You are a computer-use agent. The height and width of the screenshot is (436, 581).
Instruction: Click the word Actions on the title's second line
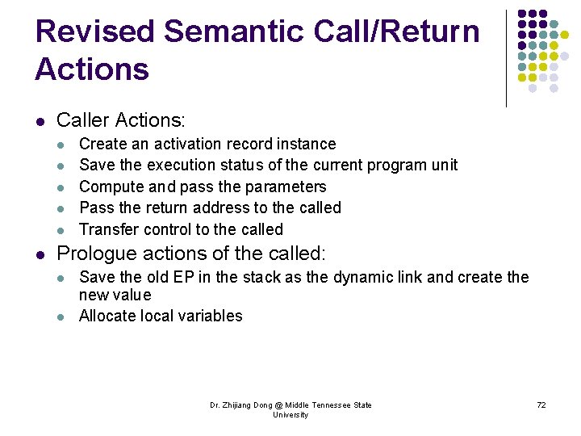click(x=92, y=69)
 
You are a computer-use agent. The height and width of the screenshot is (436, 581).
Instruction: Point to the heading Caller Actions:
click(x=121, y=120)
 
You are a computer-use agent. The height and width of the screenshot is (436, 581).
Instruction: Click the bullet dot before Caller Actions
click(x=40, y=122)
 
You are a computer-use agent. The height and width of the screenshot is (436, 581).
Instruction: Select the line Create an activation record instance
click(x=207, y=144)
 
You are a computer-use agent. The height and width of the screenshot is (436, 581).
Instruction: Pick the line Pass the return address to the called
click(x=210, y=208)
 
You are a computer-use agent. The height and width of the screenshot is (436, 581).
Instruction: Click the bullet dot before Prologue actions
click(x=40, y=255)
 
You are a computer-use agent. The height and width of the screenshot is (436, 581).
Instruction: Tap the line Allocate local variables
click(x=161, y=316)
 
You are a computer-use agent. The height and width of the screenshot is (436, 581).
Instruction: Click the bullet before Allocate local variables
click(x=62, y=317)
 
